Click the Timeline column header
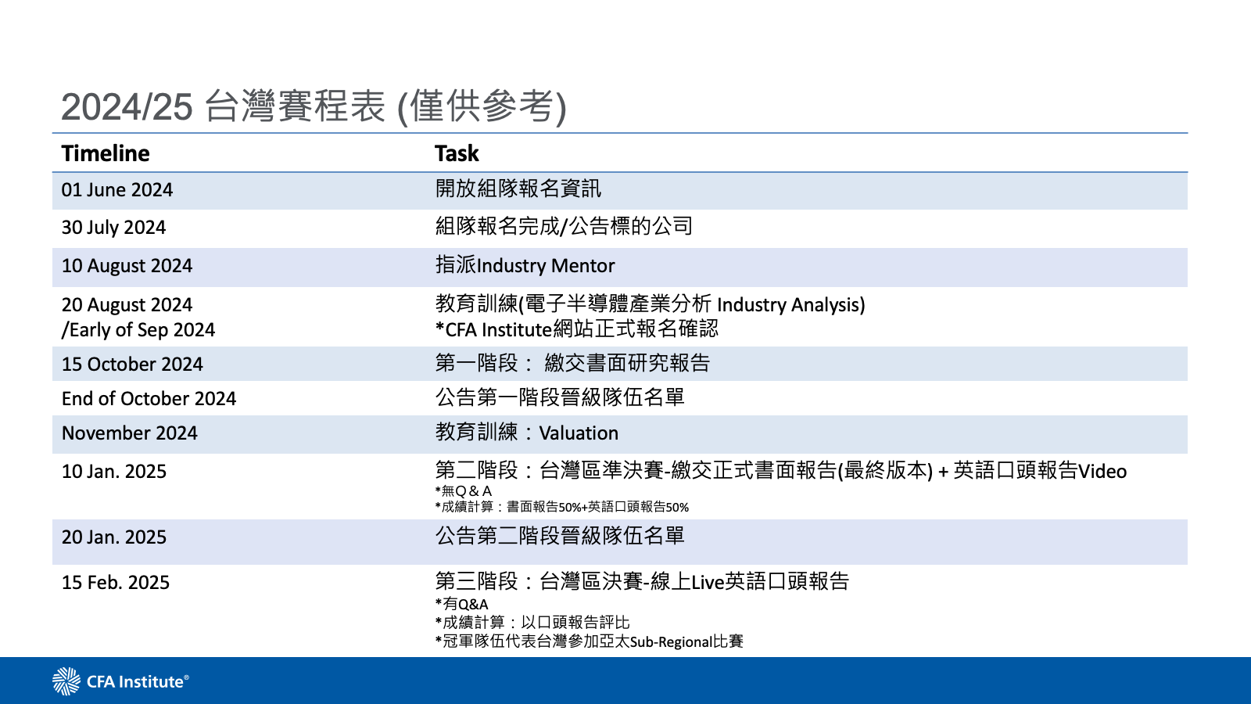[x=106, y=153]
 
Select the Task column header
[x=457, y=153]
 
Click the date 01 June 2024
[x=117, y=190]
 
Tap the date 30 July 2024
[x=114, y=228]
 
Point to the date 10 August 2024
[x=127, y=266]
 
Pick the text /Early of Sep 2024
[x=138, y=330]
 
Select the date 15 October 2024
[x=132, y=365]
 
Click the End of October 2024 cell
[x=149, y=399]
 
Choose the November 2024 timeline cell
[x=130, y=433]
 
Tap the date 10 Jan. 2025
[x=114, y=472]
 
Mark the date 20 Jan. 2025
[x=114, y=537]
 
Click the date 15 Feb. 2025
[x=116, y=583]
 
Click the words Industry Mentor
[x=546, y=266]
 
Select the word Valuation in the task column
[x=579, y=433]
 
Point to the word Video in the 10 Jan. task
[x=1102, y=472]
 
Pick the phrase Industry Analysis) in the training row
[x=790, y=304]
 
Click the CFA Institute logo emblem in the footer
[x=66, y=681]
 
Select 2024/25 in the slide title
[x=127, y=107]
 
